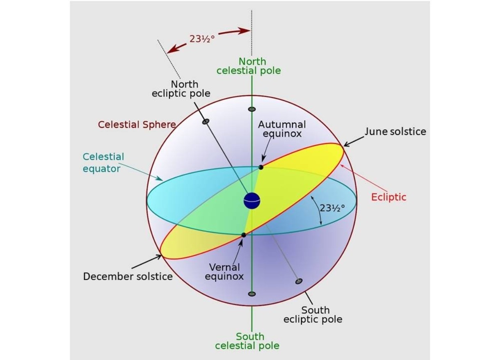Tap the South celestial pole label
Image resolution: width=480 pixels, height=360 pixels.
click(x=247, y=341)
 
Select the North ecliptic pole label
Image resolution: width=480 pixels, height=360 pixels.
click(x=181, y=89)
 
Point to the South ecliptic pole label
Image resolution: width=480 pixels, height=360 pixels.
click(x=313, y=314)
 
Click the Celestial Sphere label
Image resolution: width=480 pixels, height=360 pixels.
click(x=137, y=124)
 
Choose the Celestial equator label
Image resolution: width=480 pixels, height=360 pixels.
click(x=103, y=162)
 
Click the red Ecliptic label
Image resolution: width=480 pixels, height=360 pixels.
click(x=389, y=197)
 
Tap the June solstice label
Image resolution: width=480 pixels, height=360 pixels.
click(x=395, y=132)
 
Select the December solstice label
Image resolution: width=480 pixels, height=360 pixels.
click(x=128, y=276)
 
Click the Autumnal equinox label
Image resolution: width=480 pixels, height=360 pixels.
click(x=281, y=129)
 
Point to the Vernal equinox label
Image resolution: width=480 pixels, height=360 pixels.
click(x=224, y=272)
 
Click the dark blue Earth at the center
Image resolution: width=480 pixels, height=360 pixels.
click(x=252, y=201)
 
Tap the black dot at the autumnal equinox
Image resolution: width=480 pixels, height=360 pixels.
click(x=261, y=167)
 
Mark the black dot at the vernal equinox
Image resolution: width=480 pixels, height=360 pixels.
click(x=244, y=235)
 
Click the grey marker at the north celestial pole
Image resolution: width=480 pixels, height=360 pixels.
click(x=252, y=109)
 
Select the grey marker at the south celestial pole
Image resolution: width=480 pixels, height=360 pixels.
click(x=252, y=294)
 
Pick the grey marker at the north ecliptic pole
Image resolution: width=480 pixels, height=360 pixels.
click(x=206, y=121)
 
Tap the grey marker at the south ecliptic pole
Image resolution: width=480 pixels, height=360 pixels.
click(x=299, y=281)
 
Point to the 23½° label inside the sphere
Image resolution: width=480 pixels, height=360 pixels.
click(x=332, y=207)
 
